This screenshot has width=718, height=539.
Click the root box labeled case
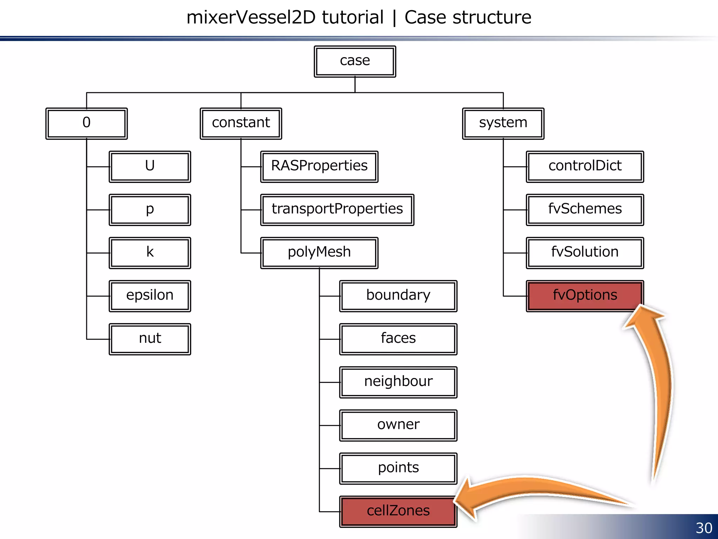[x=355, y=61]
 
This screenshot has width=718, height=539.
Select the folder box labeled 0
[x=86, y=123]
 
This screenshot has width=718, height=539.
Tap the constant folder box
[x=241, y=123]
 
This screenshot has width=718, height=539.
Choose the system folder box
[x=503, y=123]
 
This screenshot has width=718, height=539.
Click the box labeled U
[x=150, y=166]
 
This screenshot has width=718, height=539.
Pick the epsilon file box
[x=150, y=296]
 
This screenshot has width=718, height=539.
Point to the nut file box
[x=150, y=339]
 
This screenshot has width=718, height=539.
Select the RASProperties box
[x=319, y=166]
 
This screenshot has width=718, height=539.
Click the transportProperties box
[x=337, y=209]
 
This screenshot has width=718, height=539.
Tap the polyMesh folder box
[x=319, y=253]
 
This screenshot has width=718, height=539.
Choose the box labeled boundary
[x=398, y=296]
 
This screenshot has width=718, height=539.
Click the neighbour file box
[x=398, y=382]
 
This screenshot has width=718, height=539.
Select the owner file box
[x=398, y=425]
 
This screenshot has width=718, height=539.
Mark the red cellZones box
[x=398, y=511]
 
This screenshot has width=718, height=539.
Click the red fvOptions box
[x=585, y=296]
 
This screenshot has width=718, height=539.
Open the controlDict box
[x=585, y=166]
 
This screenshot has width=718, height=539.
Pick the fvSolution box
[x=585, y=253]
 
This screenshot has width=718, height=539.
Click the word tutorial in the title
[x=353, y=18]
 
